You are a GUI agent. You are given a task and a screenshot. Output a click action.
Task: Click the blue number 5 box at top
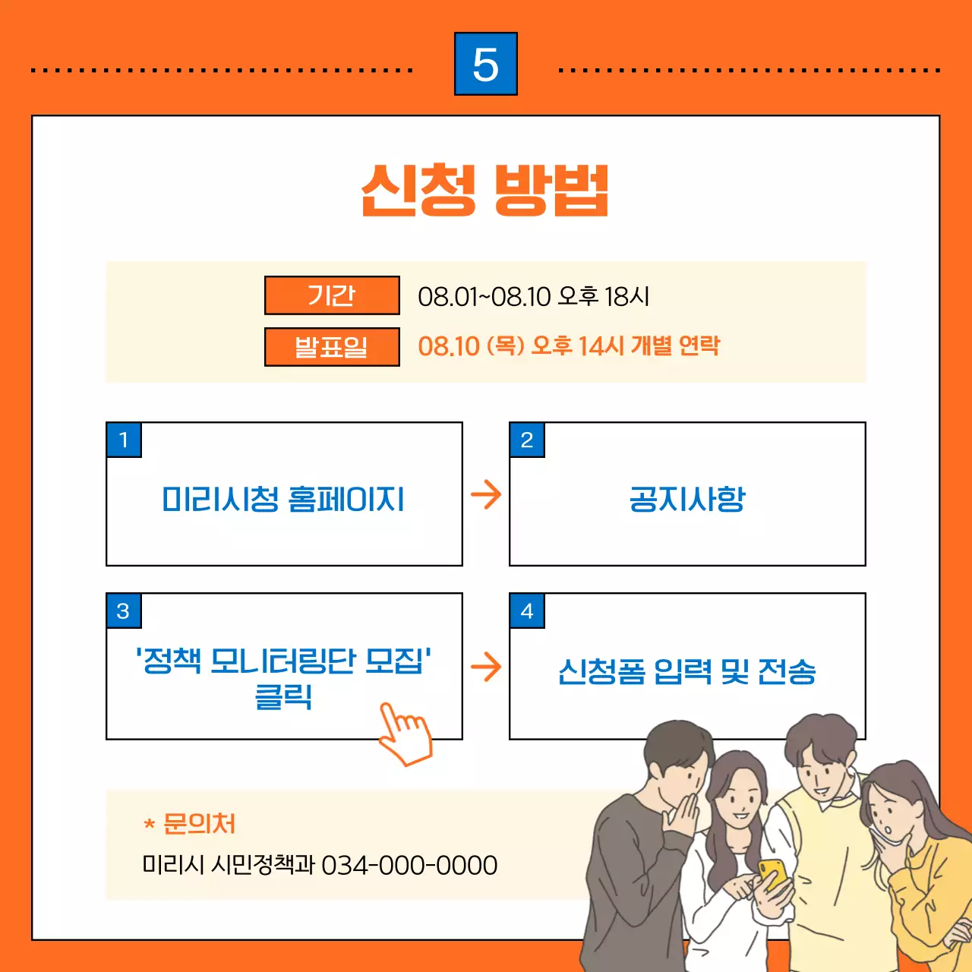point(486,64)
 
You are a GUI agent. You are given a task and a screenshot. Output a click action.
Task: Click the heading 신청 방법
point(485,190)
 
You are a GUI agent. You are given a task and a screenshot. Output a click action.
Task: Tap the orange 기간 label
point(332,295)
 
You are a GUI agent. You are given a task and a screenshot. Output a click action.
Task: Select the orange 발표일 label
point(332,347)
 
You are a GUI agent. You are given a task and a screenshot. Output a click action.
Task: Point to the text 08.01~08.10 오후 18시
point(534,296)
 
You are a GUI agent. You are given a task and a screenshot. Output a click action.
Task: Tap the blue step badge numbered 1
point(124,440)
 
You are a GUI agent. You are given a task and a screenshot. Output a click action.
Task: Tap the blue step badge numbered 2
point(527,440)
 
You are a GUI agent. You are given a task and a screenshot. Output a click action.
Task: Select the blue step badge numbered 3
point(124,611)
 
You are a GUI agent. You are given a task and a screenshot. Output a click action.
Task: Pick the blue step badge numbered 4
point(527,611)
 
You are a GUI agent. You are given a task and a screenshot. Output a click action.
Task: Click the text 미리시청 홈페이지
point(283,500)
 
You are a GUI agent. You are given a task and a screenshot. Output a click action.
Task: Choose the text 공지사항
point(687,500)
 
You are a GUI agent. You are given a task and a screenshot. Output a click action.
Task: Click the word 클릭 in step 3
point(283,696)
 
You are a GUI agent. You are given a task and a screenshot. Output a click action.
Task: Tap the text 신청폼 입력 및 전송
point(687,671)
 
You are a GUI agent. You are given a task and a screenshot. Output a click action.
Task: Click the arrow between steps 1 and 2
point(486,494)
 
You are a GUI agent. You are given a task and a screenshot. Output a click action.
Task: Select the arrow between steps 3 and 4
point(486,667)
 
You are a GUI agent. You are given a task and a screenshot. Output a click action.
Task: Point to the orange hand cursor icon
point(406,734)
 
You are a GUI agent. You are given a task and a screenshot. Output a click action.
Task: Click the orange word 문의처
point(199,824)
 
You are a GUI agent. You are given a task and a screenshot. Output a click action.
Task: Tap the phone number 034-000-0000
point(409,865)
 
